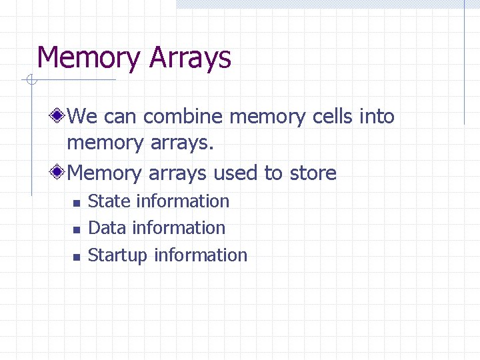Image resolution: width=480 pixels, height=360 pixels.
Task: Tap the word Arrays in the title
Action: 191,58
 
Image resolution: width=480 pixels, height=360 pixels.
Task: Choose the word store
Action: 313,173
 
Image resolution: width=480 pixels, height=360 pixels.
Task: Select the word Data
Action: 107,228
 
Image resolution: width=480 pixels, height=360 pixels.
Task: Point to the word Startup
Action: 117,256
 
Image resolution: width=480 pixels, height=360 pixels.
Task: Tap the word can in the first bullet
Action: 120,117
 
